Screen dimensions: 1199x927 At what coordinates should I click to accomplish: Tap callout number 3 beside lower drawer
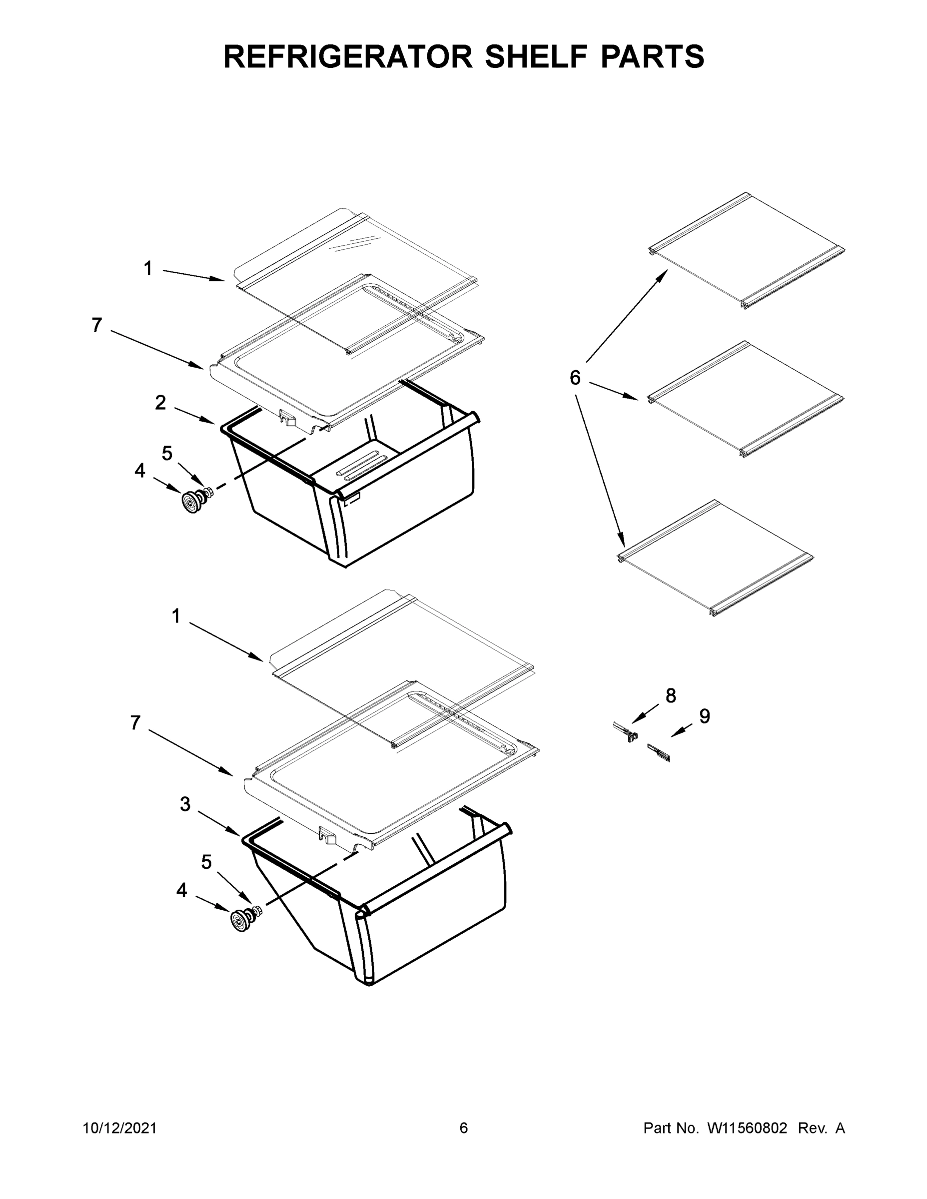click(x=185, y=805)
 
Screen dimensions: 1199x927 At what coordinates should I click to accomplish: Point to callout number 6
click(x=574, y=378)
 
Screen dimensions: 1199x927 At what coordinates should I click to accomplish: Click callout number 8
click(x=671, y=695)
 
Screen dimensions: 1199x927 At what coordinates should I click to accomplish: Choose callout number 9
click(x=705, y=716)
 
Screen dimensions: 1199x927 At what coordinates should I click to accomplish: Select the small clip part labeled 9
click(x=659, y=753)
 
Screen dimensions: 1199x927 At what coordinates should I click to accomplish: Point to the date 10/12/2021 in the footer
click(x=120, y=1129)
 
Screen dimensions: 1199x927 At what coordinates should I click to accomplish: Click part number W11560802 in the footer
click(x=747, y=1129)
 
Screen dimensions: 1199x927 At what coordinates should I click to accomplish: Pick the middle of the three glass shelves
click(x=745, y=399)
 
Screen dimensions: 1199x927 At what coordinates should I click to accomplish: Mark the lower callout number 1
click(x=176, y=616)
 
